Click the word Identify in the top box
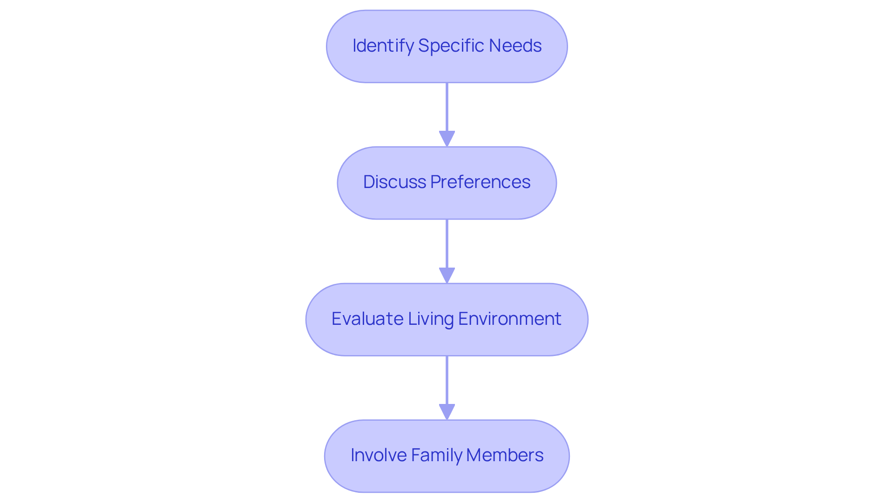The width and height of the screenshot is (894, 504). tap(383, 46)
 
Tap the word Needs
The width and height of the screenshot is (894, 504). tap(515, 46)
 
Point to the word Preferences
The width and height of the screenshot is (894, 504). tap(480, 182)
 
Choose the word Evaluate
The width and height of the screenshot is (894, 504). tap(367, 319)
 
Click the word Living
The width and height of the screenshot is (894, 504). tap(431, 319)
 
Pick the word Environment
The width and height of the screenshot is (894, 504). tap(509, 319)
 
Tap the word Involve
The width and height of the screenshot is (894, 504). tap(378, 455)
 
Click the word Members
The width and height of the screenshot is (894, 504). tap(505, 455)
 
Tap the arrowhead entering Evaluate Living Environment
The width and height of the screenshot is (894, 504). tap(447, 276)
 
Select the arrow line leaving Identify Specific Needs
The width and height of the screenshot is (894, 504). tap(447, 107)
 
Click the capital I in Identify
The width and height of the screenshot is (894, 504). tap(354, 46)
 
